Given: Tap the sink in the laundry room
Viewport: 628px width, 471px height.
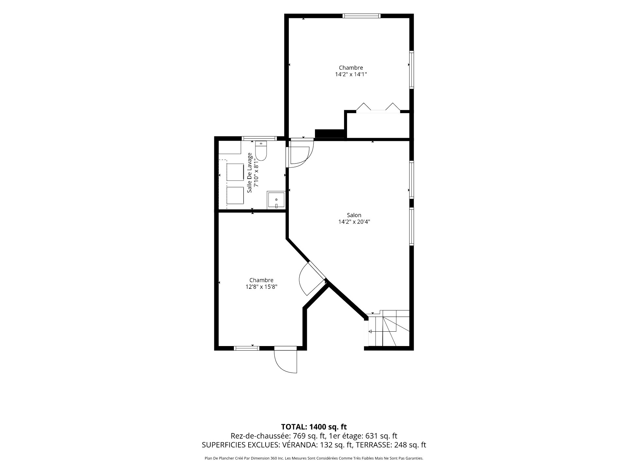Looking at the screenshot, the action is (276, 200).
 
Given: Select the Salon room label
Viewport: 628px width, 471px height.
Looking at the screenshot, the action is (354, 215).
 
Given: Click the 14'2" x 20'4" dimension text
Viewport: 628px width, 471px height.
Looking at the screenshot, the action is (354, 222).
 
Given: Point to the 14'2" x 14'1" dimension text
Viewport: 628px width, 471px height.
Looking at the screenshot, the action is (351, 74).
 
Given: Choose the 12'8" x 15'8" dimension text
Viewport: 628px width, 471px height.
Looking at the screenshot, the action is (261, 287).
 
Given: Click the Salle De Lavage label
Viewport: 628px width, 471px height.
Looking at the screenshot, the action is (250, 172).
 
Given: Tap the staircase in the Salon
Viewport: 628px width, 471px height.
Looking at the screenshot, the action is (389, 328).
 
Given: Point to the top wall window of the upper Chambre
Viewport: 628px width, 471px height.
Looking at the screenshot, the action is (362, 16).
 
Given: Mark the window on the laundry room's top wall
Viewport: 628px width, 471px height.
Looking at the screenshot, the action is (259, 138).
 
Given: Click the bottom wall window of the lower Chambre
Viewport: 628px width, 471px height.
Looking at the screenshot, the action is (247, 348).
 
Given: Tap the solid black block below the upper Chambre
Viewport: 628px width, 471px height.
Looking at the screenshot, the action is (330, 134).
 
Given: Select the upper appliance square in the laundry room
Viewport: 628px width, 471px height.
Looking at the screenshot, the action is (235, 172).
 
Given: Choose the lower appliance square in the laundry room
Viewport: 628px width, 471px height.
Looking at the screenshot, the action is (235, 195).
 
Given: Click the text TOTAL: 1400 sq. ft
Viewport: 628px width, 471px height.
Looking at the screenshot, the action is (314, 427).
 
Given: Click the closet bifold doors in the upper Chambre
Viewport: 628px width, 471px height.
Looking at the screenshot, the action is (378, 108).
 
